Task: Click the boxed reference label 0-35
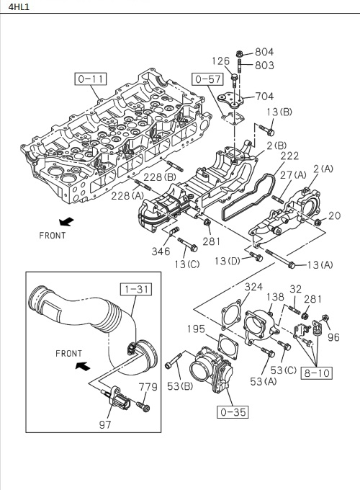pos(230,413)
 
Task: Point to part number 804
pos(264,52)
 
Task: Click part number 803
pos(264,66)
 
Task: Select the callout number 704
pos(264,95)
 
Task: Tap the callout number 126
pos(220,61)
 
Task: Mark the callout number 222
pos(289,156)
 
